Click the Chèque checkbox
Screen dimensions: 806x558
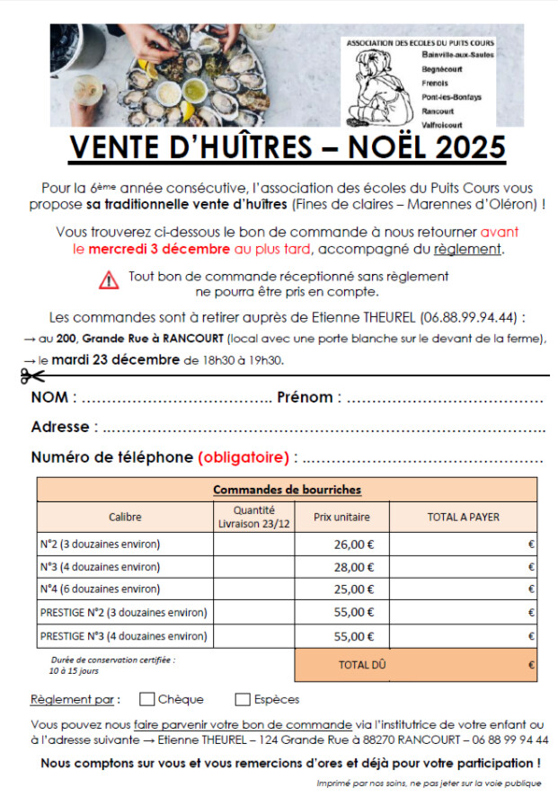(147, 699)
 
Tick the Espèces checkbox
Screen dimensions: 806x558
(243, 699)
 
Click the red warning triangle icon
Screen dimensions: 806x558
(109, 279)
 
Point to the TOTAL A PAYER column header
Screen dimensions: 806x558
(463, 517)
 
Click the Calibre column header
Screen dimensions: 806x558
(125, 517)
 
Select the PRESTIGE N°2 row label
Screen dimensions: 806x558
(124, 613)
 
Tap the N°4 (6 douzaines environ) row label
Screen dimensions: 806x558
(101, 589)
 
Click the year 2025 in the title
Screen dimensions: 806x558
(468, 147)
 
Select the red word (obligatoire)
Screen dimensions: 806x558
(244, 457)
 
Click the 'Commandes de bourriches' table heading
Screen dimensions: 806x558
(287, 490)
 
